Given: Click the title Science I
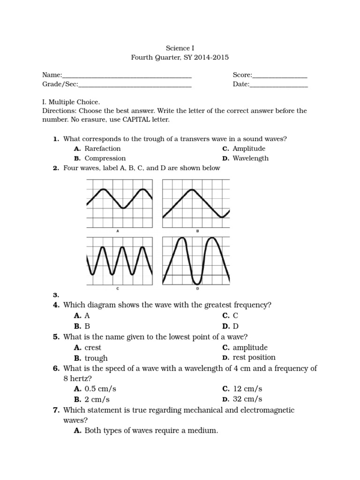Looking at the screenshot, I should (180, 48).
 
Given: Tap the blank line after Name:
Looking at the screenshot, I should (127, 75).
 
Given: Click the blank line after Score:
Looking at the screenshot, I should (280, 75).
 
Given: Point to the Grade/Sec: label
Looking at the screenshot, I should (60, 84).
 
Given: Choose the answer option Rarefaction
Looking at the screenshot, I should (103, 149).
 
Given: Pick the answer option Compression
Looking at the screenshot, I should (105, 158).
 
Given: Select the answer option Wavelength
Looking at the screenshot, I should (251, 158).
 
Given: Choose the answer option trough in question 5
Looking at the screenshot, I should (96, 358).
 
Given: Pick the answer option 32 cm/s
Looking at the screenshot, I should (247, 399).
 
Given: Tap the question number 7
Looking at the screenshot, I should (56, 410).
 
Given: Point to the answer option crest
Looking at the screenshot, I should (93, 348).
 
